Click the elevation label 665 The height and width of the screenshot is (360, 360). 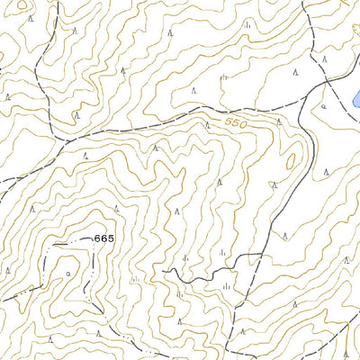pos(104,238)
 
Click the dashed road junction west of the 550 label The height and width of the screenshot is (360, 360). pos(60,142)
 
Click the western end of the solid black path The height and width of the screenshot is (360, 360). pos(165,269)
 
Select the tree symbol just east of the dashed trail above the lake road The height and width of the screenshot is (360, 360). pos(325,59)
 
